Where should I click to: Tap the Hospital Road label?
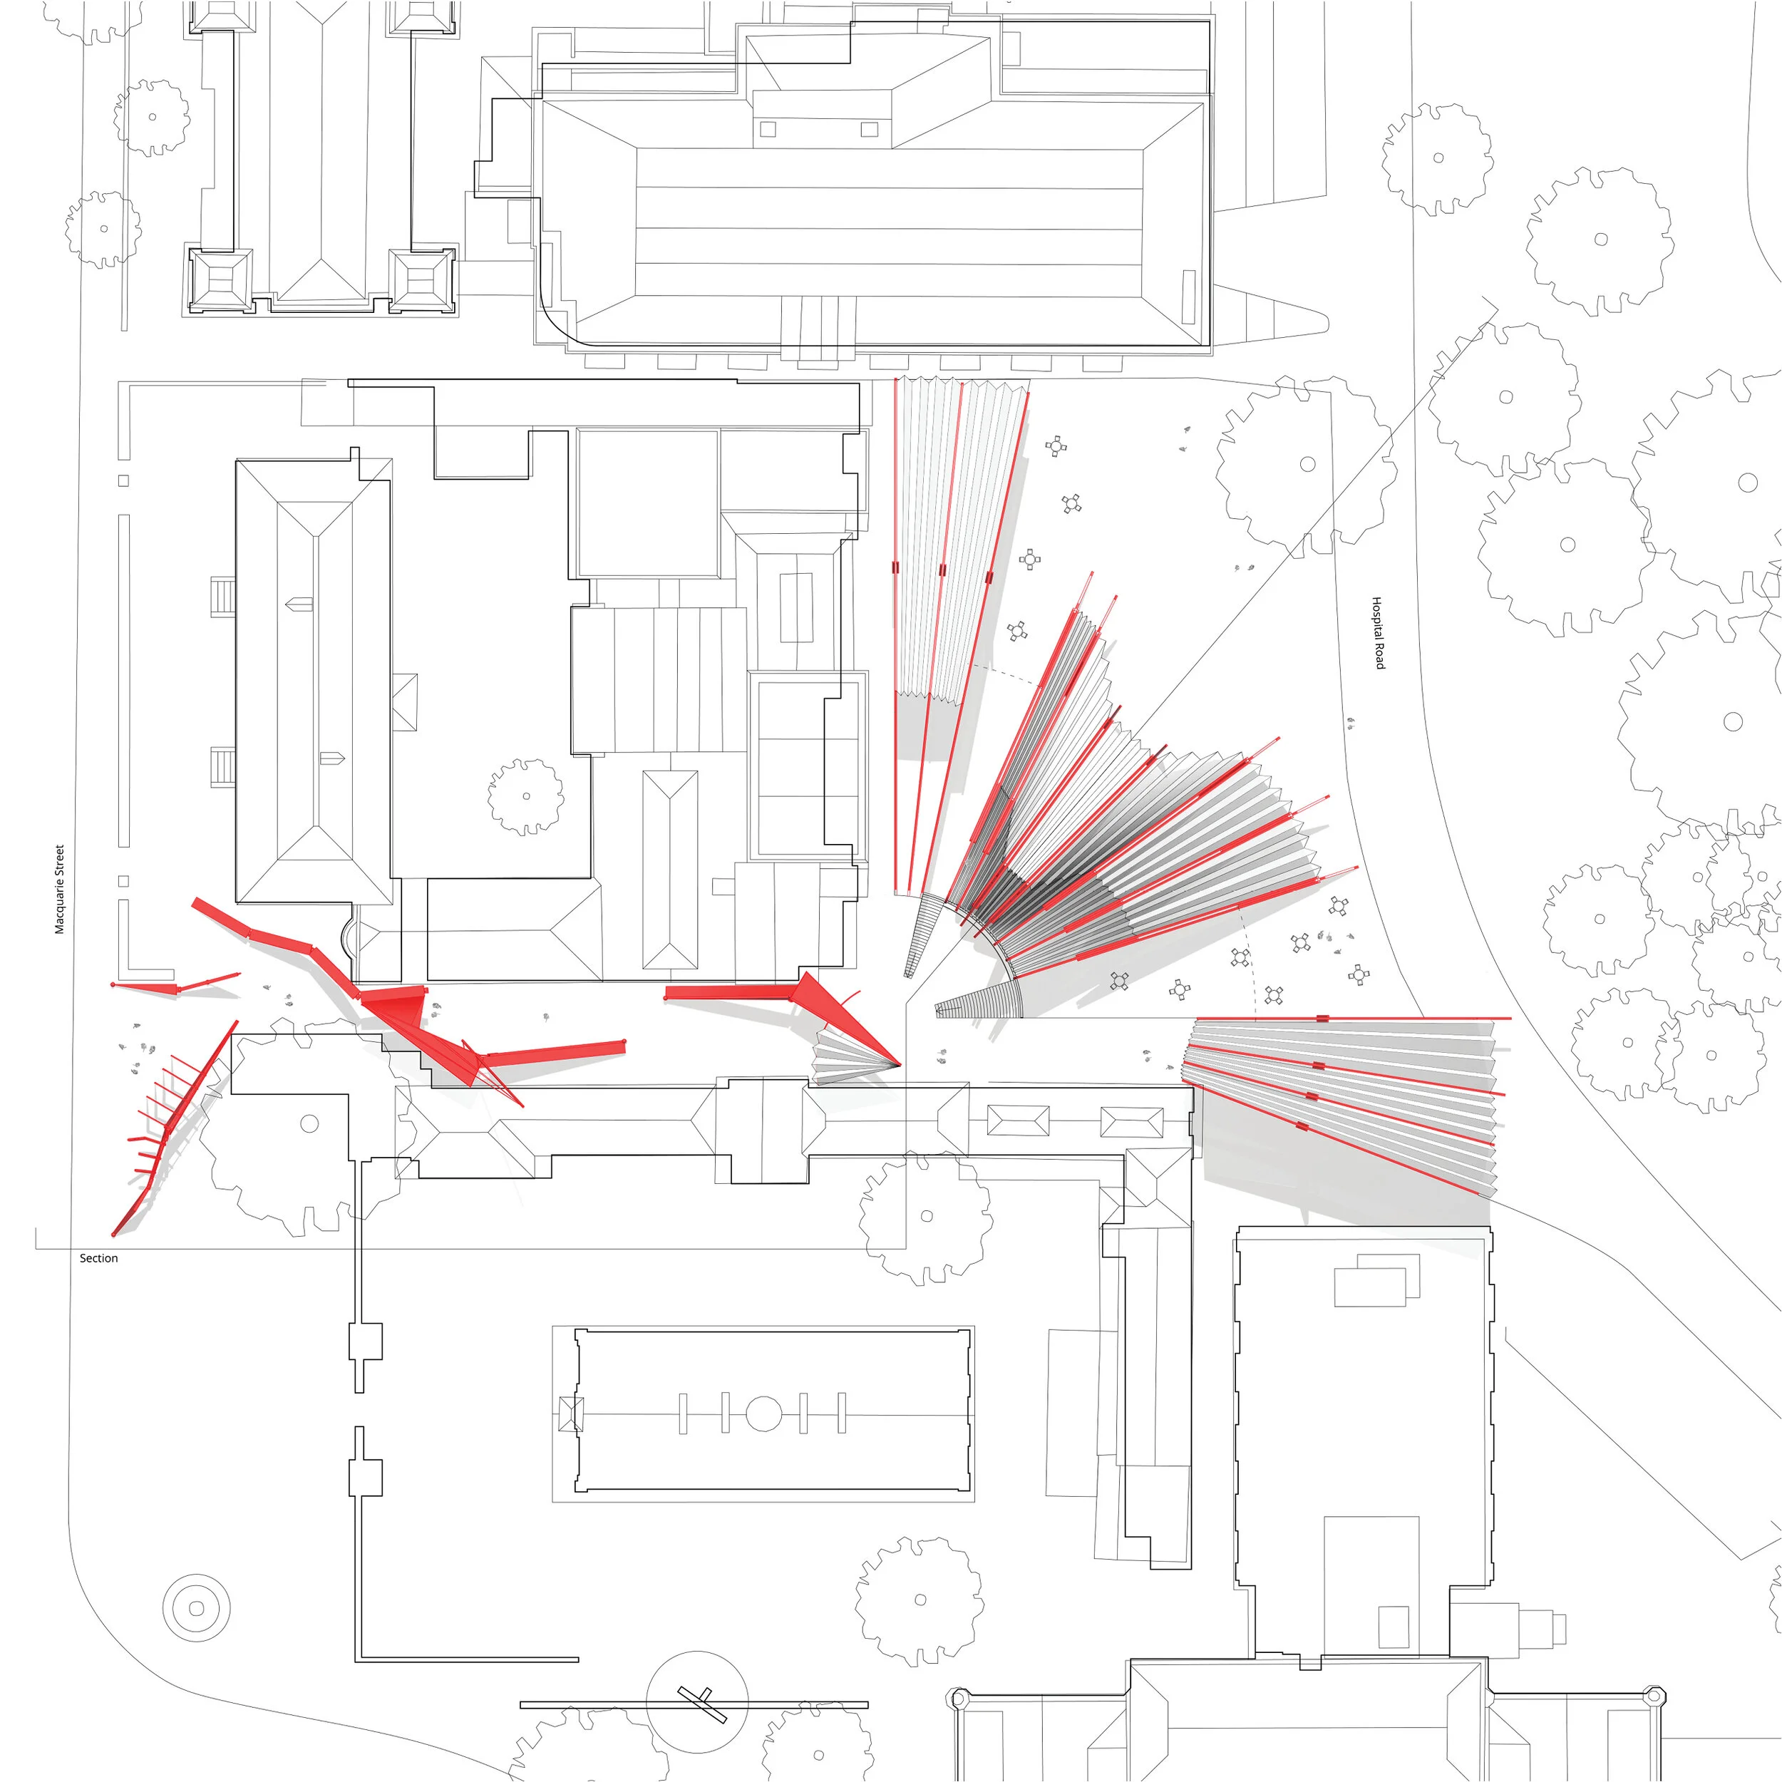[1378, 633]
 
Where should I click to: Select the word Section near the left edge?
[98, 1258]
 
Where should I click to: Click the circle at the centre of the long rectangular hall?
[763, 1413]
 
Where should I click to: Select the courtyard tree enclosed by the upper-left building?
[526, 797]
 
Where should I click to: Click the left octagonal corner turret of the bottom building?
[959, 1695]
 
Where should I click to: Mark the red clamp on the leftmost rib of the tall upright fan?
[895, 568]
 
